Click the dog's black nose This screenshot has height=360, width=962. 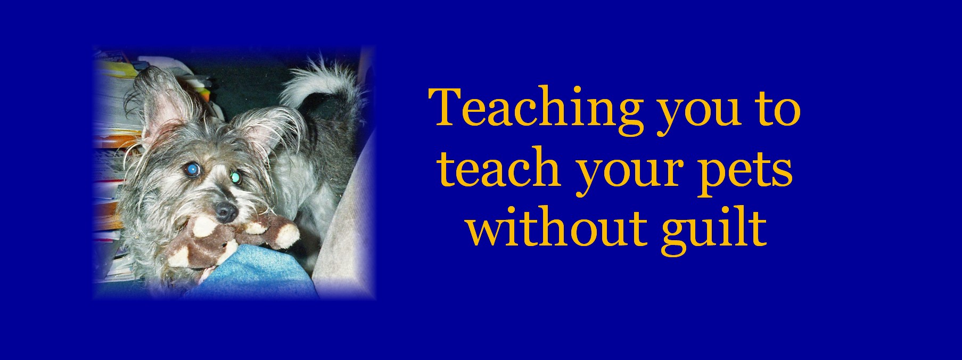tap(225, 211)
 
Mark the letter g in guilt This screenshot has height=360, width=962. tap(676, 234)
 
